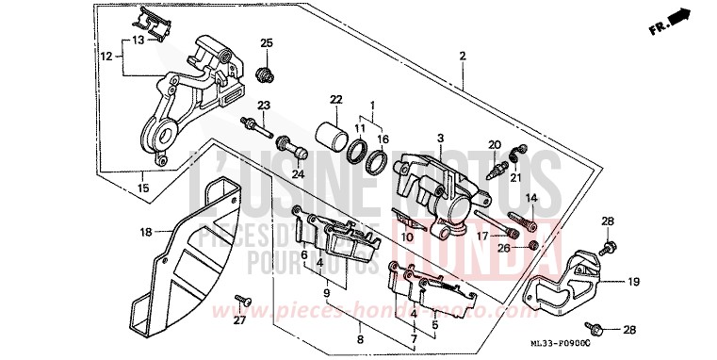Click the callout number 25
(266, 43)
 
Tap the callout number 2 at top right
(463, 57)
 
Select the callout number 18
(145, 231)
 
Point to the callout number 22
(334, 99)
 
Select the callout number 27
(239, 321)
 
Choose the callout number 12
(106, 57)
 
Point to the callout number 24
(299, 172)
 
